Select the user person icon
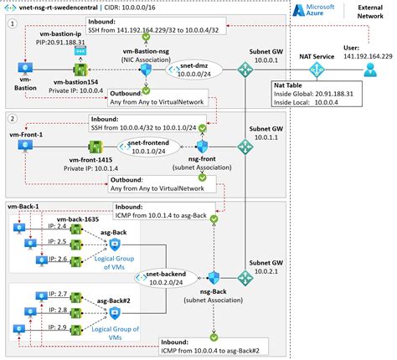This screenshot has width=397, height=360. [369, 72]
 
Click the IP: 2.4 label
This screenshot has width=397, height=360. [59, 226]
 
